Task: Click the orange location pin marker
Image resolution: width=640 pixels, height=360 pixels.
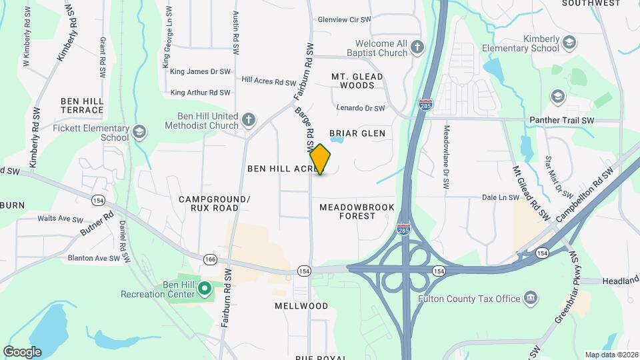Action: click(321, 159)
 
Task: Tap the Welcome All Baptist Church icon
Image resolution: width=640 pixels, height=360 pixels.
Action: click(417, 47)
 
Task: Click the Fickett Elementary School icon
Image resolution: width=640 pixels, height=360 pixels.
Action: click(139, 131)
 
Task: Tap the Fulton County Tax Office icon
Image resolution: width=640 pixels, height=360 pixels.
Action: click(531, 297)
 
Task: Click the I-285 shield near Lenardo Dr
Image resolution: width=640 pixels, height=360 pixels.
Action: click(425, 105)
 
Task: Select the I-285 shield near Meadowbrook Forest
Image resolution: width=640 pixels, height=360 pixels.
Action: click(403, 229)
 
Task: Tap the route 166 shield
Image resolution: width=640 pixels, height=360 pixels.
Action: click(211, 259)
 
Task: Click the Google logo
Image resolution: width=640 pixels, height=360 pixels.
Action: click(22, 351)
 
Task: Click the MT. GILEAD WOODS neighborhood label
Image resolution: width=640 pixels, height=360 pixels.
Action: click(357, 81)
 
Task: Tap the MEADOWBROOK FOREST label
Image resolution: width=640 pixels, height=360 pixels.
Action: click(357, 211)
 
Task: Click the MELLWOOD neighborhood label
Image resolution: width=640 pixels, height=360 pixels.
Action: click(301, 306)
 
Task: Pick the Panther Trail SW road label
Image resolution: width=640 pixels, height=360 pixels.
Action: click(561, 120)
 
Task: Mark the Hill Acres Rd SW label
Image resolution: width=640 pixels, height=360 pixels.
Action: click(269, 80)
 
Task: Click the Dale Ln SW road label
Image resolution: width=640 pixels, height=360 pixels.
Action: click(500, 197)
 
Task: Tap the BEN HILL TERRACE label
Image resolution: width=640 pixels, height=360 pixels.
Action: click(82, 105)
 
